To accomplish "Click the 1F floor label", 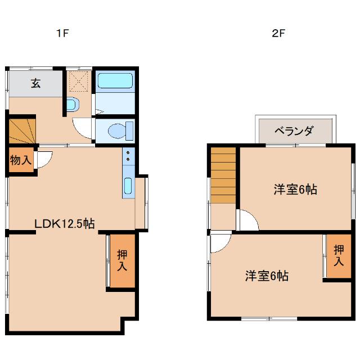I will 61,33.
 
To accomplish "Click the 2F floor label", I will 279,33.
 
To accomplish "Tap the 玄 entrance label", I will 35,84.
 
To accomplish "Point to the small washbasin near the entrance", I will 71,105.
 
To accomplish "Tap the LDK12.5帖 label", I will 64,223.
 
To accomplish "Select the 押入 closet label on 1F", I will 122,260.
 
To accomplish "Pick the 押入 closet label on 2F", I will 339,256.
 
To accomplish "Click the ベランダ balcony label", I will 294,131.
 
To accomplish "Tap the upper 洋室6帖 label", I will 295,190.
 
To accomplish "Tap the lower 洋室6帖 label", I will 267,276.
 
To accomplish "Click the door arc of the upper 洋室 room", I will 247,220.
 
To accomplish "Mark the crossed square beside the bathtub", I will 78,83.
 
